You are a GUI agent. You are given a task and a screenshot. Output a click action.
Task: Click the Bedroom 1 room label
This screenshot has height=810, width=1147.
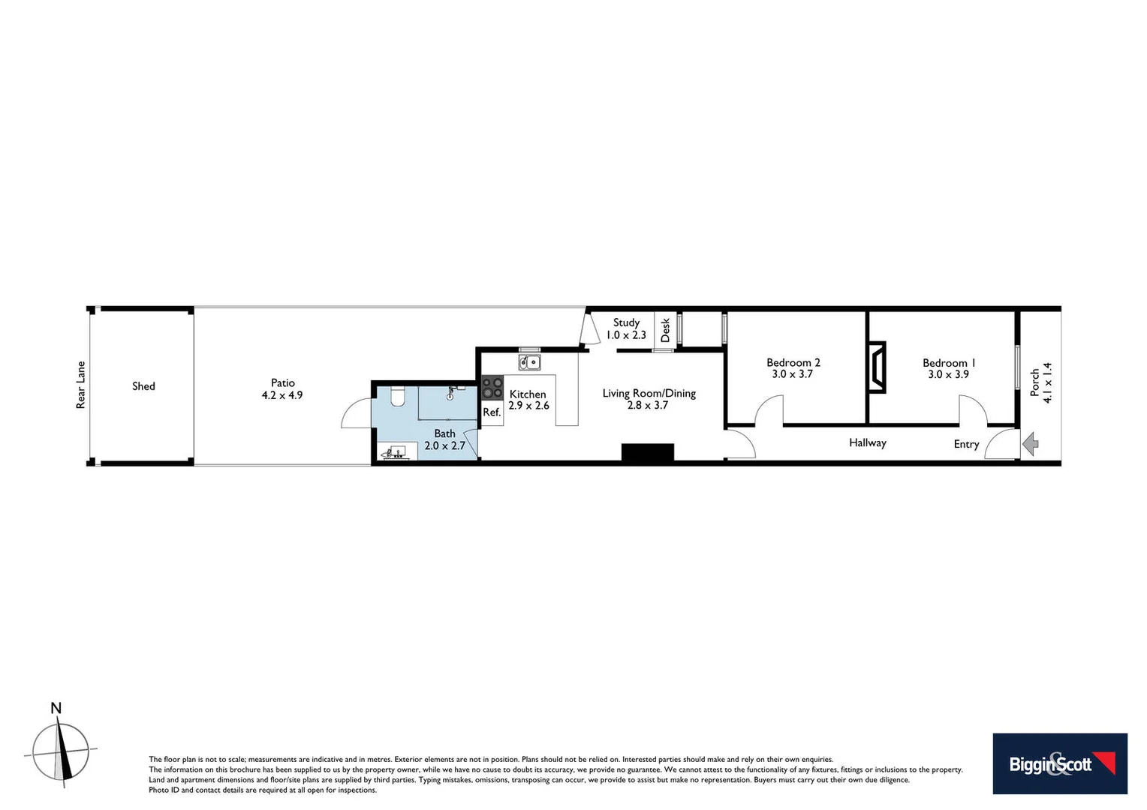(x=949, y=368)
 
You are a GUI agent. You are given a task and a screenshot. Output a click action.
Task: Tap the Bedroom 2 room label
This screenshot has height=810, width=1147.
(x=793, y=368)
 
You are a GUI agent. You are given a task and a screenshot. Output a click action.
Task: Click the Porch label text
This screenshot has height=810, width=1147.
(x=1041, y=382)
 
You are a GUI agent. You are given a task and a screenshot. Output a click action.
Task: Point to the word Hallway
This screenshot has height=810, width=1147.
(x=867, y=442)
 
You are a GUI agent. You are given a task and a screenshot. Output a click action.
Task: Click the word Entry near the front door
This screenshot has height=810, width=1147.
(x=966, y=444)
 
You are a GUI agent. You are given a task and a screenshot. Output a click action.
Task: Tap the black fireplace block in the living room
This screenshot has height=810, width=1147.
(x=647, y=452)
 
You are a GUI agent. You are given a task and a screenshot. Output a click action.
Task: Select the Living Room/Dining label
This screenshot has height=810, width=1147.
(x=649, y=399)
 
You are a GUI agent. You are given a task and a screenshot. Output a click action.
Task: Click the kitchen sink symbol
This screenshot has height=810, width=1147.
(x=529, y=363)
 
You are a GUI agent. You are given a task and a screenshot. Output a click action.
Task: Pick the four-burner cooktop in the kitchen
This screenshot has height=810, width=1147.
(x=492, y=388)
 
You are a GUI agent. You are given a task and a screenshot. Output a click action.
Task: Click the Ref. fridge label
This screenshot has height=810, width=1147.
(x=492, y=412)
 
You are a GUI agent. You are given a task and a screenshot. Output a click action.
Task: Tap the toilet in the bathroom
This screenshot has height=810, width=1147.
(x=398, y=395)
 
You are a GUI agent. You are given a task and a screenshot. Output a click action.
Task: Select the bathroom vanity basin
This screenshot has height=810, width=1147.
(x=396, y=452)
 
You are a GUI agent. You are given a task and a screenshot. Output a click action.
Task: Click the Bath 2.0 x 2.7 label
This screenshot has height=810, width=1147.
(x=444, y=439)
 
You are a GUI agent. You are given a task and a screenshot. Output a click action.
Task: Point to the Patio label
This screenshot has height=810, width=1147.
(x=282, y=388)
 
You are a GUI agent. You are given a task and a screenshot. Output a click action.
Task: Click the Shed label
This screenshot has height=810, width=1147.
(x=143, y=386)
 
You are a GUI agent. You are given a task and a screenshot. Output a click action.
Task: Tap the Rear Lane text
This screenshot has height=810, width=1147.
(x=81, y=385)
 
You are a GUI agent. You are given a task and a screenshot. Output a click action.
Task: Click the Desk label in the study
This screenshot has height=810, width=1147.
(x=665, y=330)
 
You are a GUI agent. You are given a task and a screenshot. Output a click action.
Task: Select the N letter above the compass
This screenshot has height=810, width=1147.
(x=56, y=708)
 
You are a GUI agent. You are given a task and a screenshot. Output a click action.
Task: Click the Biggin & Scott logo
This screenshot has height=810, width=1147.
(x=1059, y=763)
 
